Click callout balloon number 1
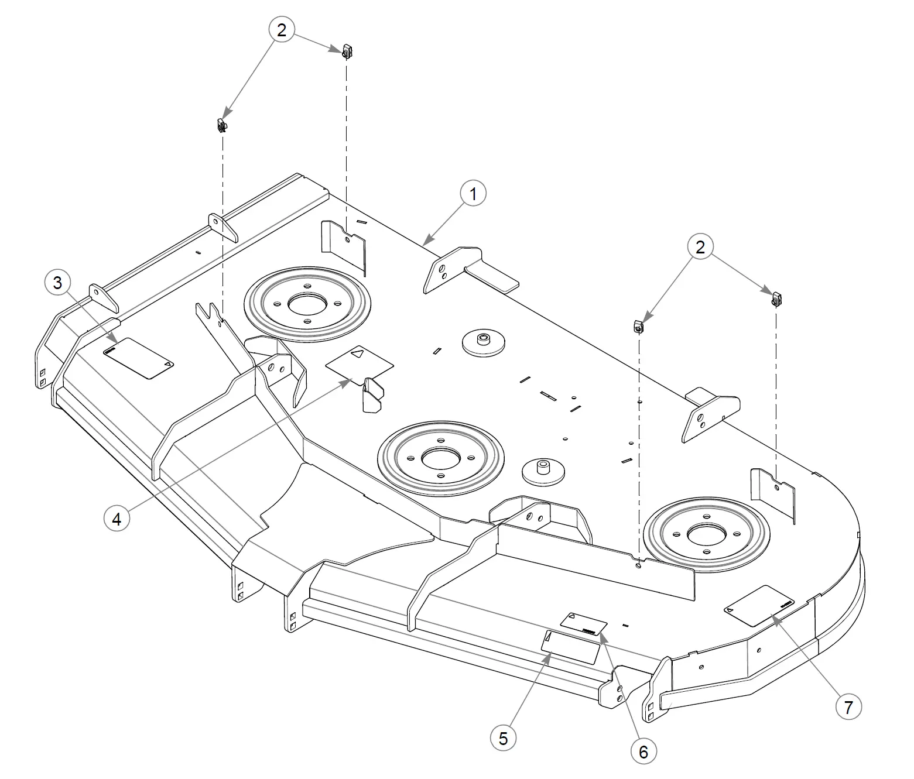click(473, 193)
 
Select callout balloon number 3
click(57, 283)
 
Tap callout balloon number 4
click(117, 518)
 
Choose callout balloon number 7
click(848, 707)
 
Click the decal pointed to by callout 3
click(139, 358)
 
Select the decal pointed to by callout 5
click(571, 646)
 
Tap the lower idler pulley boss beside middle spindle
click(542, 468)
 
